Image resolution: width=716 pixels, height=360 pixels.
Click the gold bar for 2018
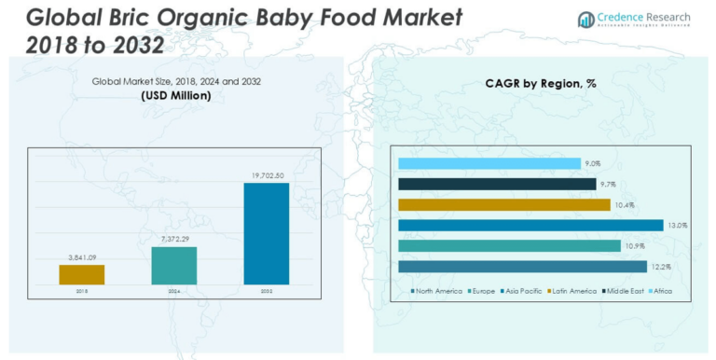[x=82, y=274]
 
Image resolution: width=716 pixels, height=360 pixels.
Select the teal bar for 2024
[x=174, y=265]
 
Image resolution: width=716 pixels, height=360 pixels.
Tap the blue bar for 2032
[x=267, y=233]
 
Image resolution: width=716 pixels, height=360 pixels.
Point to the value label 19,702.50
[x=267, y=174]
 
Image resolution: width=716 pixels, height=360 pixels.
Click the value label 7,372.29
[x=174, y=239]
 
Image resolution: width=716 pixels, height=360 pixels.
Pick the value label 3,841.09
[x=82, y=256]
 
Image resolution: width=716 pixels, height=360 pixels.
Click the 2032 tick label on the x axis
[x=267, y=291]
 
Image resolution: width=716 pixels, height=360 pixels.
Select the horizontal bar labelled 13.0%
[x=530, y=225]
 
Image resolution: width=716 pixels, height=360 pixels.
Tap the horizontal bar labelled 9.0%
[x=489, y=163]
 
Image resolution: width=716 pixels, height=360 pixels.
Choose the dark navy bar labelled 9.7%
[x=497, y=184]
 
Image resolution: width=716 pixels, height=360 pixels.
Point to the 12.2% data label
[x=660, y=267]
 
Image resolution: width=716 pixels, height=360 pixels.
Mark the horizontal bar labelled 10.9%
[x=509, y=245]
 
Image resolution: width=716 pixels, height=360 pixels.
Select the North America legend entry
[x=437, y=292]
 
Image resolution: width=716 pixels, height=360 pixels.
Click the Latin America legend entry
[x=571, y=292]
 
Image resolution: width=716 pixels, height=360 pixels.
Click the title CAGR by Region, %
[x=541, y=83]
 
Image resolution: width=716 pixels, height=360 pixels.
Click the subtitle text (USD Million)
[x=176, y=95]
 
